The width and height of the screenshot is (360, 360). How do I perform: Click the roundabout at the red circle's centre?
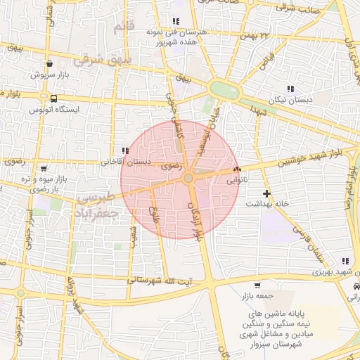pos(188,179)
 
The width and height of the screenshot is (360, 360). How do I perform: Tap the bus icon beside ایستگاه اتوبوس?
pos(54,98)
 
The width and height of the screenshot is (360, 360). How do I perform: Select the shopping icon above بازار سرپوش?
pos(49,63)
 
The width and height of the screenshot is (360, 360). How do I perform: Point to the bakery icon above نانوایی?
pos(237,169)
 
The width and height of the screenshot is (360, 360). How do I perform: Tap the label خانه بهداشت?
pos(266,203)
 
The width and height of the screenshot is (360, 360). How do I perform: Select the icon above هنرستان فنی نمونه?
pos(175,22)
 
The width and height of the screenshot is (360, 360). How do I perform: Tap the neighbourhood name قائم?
pos(122,28)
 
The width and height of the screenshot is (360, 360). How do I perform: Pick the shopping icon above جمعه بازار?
pos(258,285)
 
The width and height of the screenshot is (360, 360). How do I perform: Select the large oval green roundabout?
pos(224,90)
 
